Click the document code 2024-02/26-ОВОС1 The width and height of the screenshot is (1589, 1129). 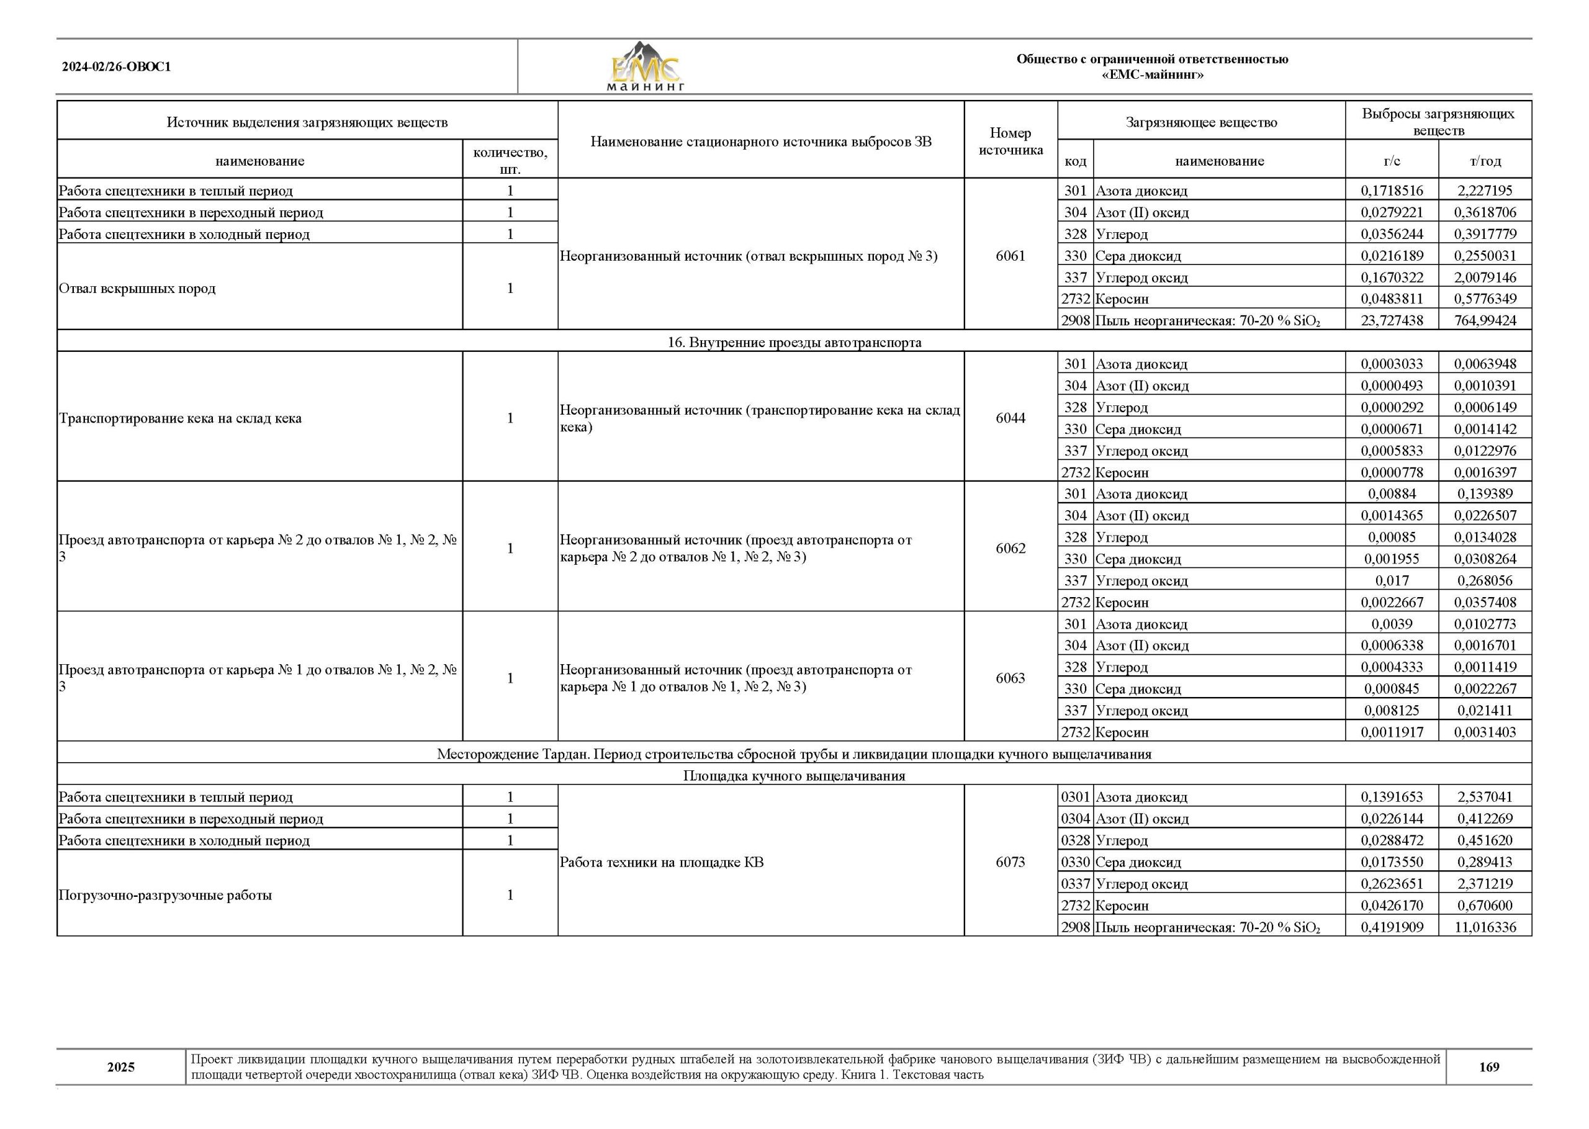click(x=116, y=68)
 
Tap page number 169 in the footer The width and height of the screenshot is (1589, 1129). click(x=1488, y=1066)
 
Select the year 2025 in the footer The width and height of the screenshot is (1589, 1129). click(x=121, y=1067)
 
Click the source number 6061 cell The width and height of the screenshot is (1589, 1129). click(x=1010, y=256)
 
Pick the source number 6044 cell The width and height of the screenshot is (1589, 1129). click(x=1010, y=418)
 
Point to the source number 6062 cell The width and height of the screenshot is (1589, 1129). click(x=1010, y=548)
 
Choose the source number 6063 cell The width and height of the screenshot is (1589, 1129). click(x=1010, y=678)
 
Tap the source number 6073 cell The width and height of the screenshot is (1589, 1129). click(x=1010, y=862)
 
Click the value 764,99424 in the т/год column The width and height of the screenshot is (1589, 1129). click(x=1485, y=320)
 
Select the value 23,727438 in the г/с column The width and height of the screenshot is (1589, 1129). click(x=1392, y=320)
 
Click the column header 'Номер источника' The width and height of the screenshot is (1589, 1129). click(x=1010, y=141)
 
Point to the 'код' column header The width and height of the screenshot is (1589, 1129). click(x=1074, y=161)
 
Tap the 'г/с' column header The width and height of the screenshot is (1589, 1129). click(x=1392, y=161)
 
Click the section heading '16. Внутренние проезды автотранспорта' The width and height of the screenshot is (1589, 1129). click(x=794, y=342)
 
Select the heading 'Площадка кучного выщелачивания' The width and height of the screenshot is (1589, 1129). click(x=794, y=776)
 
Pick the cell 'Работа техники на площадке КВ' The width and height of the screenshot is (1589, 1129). click(x=661, y=862)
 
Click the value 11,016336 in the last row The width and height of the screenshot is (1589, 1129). click(x=1485, y=927)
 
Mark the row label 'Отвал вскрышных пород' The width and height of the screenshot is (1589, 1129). click(x=138, y=288)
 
